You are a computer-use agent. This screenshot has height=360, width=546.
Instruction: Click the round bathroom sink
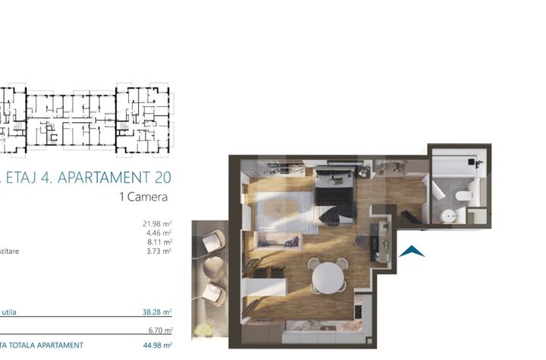[x=449, y=215]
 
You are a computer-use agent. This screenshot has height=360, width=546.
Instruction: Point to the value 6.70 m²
[x=158, y=330]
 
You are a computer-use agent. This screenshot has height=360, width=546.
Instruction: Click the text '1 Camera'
[x=143, y=196]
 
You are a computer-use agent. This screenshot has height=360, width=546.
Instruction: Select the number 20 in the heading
[x=162, y=178]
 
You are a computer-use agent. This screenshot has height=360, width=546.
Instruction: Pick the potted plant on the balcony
[x=203, y=330]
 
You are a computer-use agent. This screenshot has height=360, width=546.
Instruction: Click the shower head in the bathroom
[x=472, y=161]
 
